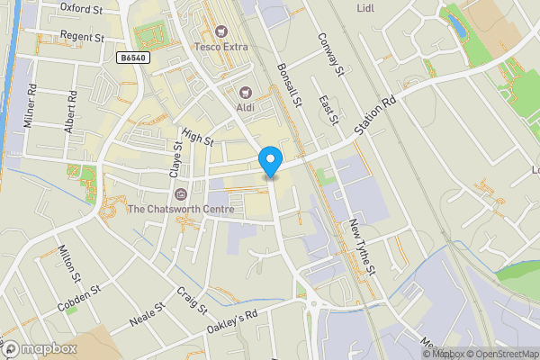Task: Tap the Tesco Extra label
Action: (221, 46)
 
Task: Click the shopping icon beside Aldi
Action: (245, 92)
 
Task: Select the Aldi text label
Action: (245, 108)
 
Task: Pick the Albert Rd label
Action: (70, 112)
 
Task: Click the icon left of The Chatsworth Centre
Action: (181, 193)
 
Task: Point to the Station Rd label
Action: (374, 117)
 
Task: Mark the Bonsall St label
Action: (290, 86)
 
